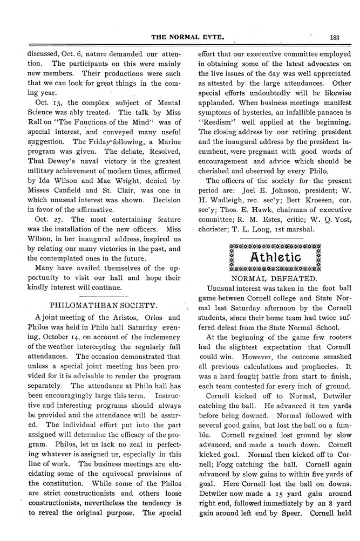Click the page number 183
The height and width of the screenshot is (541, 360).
(331, 37)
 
